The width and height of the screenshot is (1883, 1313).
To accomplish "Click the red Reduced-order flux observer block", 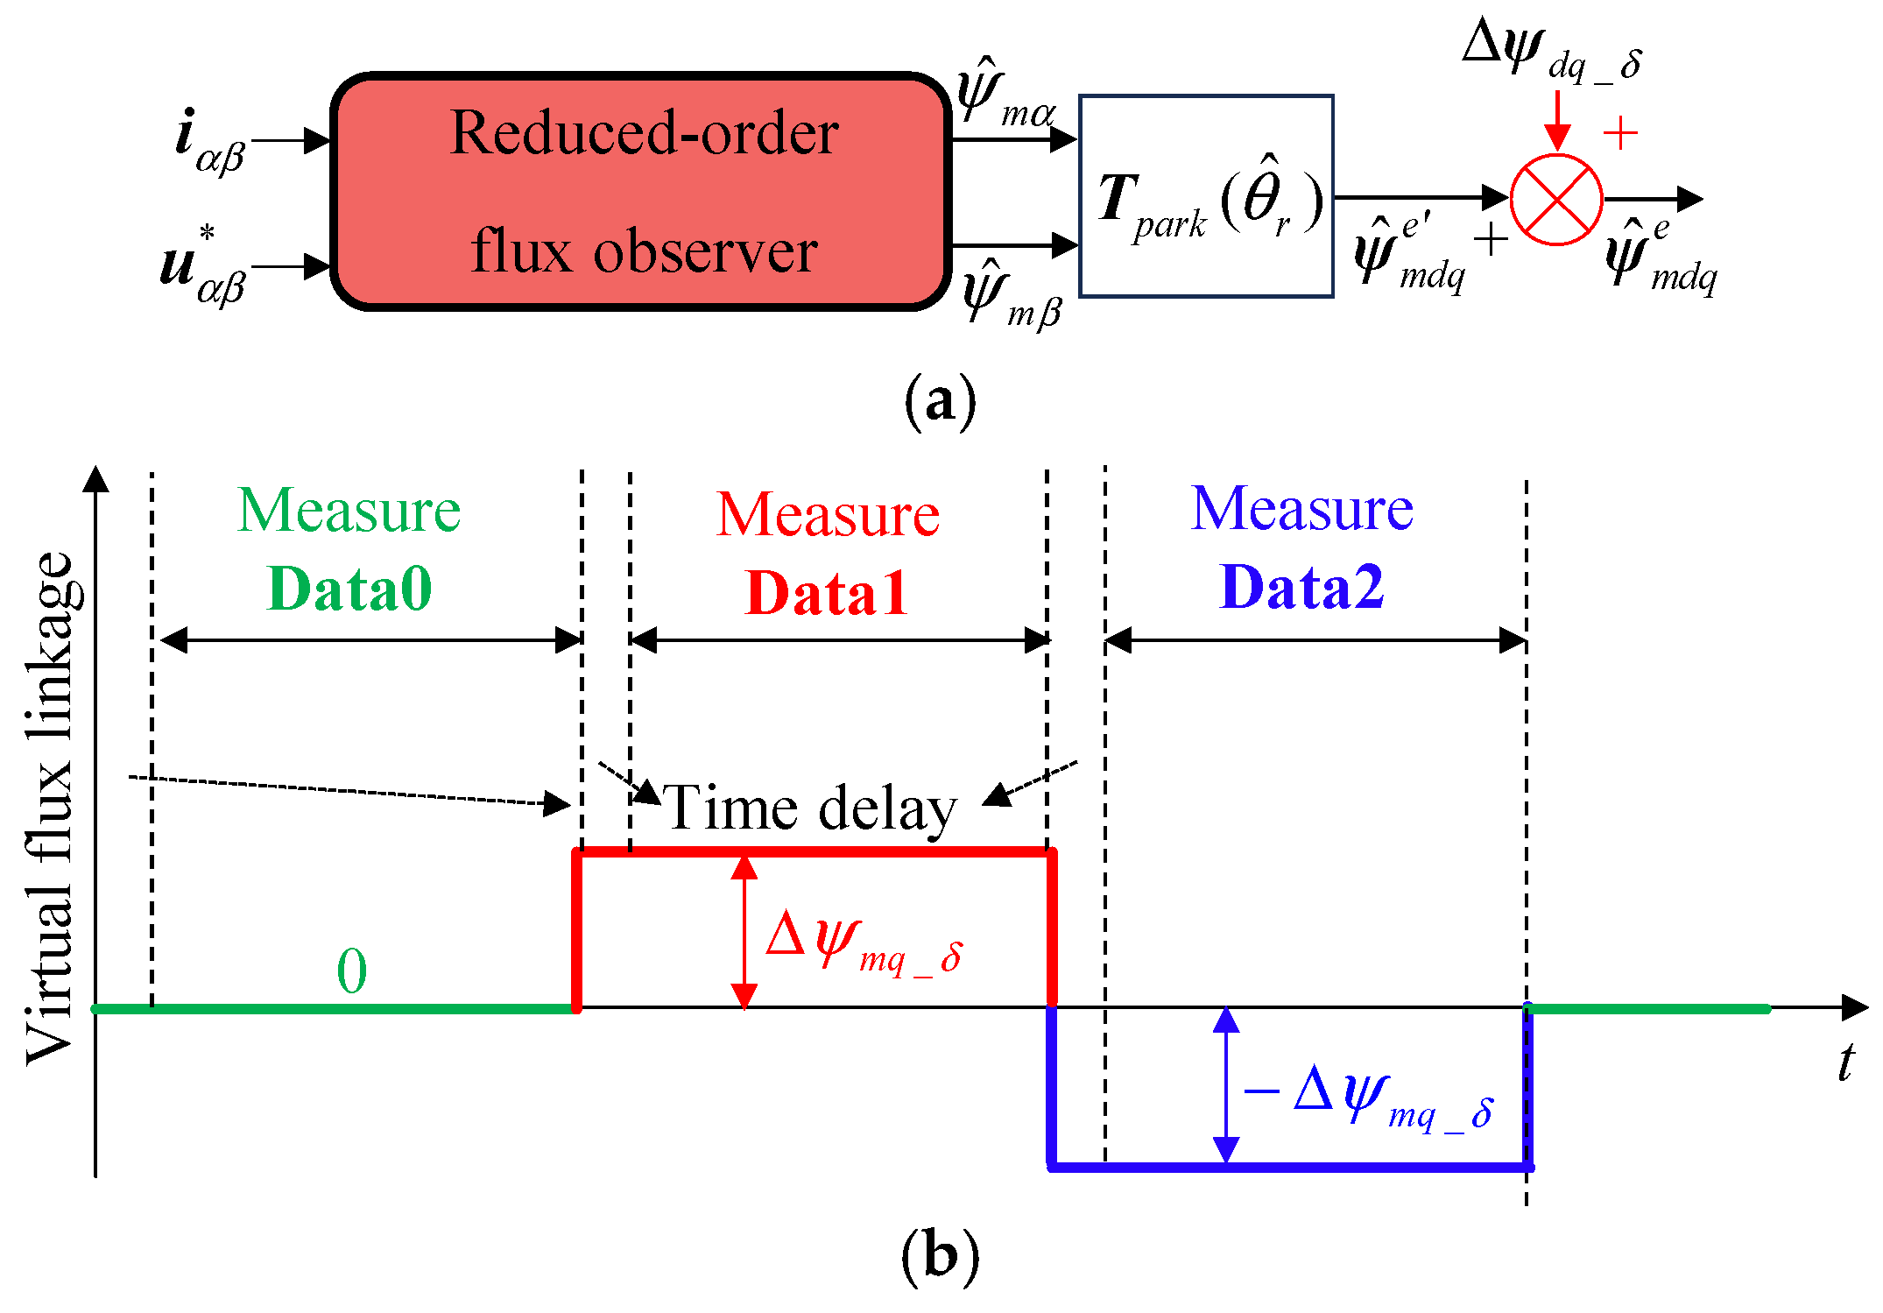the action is (x=641, y=192).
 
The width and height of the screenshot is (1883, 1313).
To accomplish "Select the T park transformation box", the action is (x=1206, y=196).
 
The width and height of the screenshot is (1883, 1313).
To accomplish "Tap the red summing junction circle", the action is (x=1556, y=200).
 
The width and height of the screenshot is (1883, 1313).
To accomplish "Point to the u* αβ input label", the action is (x=203, y=265).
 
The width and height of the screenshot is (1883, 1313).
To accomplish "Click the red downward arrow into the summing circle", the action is (x=1556, y=120).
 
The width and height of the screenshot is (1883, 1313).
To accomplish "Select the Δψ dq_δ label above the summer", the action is (x=1552, y=50).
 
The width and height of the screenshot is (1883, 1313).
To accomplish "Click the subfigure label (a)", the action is (x=940, y=401).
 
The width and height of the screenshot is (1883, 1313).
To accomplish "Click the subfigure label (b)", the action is (x=940, y=1256).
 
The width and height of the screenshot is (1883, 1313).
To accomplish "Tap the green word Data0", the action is (x=349, y=588).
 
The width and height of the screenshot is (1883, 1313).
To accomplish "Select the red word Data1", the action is (x=826, y=593).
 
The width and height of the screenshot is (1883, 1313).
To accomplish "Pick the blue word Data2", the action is (x=1301, y=586).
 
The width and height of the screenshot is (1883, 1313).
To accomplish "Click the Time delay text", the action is (x=810, y=808).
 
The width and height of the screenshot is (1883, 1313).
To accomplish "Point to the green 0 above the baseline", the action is (x=352, y=971).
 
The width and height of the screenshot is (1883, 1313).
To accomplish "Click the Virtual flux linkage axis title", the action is (x=51, y=808).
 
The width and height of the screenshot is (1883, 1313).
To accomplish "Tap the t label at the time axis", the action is (x=1846, y=1062).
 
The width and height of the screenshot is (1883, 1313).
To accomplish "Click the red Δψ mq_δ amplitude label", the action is (x=864, y=942).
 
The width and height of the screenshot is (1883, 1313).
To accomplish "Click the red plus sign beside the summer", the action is (x=1620, y=133).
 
